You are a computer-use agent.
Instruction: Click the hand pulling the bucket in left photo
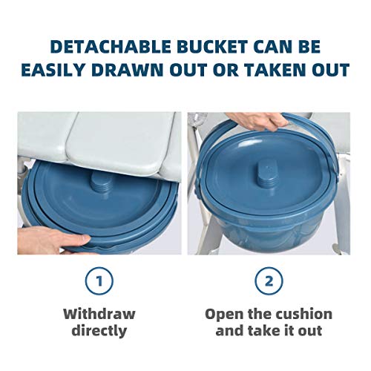tap(41, 240)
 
